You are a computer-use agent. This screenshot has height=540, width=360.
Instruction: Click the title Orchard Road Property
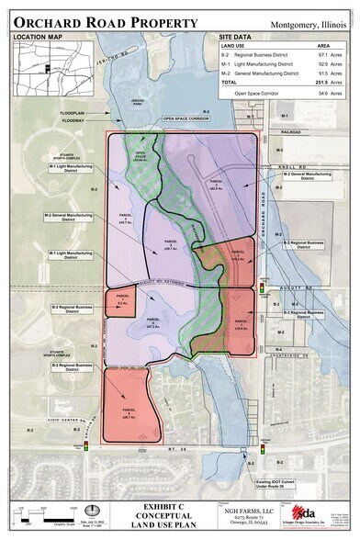[x=105, y=19]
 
